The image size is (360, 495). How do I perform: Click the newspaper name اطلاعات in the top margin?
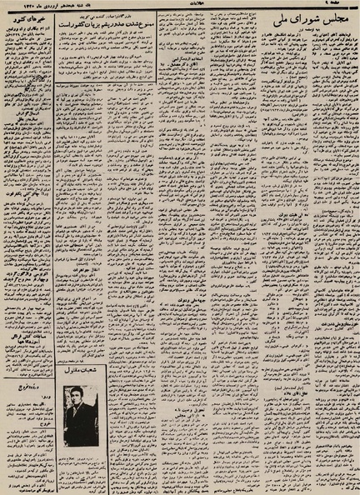[x=180, y=4]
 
